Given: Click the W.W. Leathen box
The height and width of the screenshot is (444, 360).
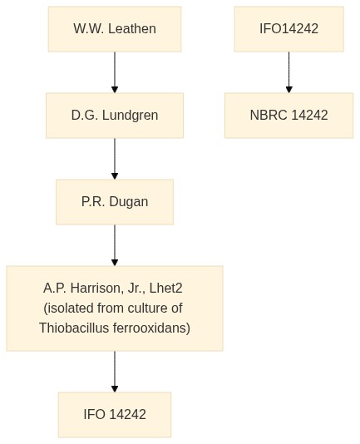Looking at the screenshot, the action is point(115,29).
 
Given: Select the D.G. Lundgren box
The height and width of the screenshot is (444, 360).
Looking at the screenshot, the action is point(115,116).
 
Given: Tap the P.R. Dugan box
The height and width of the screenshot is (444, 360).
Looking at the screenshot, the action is point(115,202).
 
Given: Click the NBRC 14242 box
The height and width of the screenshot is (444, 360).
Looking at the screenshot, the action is point(288,116).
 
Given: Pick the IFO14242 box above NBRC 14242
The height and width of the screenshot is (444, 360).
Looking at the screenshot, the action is point(288,29).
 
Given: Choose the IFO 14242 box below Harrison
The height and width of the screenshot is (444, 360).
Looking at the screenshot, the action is point(115,415).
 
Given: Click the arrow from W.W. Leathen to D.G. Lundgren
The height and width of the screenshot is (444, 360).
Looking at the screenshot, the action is point(115,72).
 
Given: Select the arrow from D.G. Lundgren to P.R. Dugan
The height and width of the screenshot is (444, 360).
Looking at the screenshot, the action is point(115,159).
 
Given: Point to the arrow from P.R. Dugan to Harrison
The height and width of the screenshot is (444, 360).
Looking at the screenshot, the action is point(115,245).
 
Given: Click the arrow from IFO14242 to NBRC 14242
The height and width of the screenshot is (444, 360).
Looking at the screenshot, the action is point(288,72).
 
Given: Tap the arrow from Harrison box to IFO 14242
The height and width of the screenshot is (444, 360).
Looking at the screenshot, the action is point(115,372).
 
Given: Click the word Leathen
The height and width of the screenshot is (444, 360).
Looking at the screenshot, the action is point(132,28).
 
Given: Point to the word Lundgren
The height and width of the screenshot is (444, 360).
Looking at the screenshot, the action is point(130,116).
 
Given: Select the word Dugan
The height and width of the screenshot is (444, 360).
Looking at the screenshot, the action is point(129,202).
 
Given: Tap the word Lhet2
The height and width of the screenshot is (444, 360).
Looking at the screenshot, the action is point(165,288).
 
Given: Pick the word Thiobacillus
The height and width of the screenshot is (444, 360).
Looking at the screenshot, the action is point(74,328).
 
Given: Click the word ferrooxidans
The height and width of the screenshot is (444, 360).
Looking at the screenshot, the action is point(151,328).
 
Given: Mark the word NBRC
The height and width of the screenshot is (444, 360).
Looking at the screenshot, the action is point(269,115).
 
